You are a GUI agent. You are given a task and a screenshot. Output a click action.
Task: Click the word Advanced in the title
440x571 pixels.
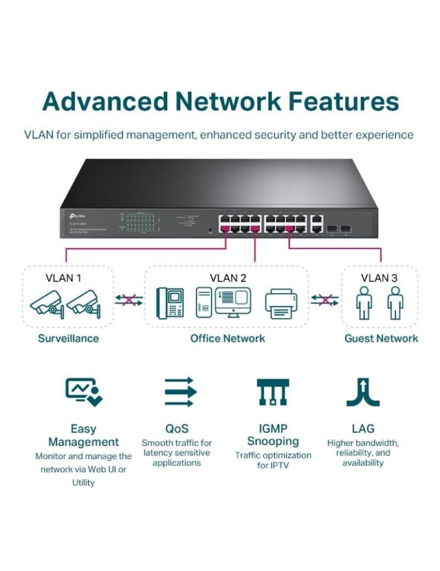click(103, 102)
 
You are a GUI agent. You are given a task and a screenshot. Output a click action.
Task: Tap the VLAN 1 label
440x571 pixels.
click(63, 278)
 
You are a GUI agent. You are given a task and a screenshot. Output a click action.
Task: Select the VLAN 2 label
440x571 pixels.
click(228, 278)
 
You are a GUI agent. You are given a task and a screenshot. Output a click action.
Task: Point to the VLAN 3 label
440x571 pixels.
click(379, 278)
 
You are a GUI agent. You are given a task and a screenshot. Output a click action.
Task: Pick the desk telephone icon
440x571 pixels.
click(170, 303)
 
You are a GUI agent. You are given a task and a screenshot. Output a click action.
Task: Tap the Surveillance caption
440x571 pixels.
click(68, 338)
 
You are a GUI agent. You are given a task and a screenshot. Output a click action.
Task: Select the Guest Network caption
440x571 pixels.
click(381, 338)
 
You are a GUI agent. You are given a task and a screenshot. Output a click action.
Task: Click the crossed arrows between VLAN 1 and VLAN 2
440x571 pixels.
click(128, 300)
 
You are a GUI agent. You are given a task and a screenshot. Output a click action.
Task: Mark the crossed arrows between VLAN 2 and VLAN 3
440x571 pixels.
click(325, 300)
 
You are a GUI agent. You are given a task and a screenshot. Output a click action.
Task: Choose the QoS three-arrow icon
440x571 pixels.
click(180, 392)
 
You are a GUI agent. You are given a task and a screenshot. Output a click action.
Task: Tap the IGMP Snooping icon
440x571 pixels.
click(273, 392)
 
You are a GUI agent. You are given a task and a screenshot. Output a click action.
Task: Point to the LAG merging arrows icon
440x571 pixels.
click(363, 392)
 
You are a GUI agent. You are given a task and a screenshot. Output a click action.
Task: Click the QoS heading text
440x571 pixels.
click(176, 428)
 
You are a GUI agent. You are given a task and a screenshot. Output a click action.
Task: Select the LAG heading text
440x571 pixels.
click(363, 428)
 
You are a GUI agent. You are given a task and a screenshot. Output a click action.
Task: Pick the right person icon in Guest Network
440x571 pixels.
click(394, 303)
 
